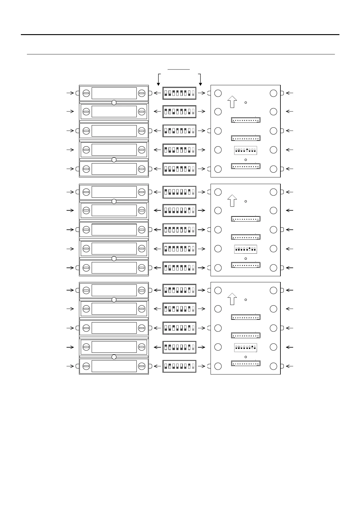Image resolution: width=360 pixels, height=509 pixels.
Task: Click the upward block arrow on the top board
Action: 232,102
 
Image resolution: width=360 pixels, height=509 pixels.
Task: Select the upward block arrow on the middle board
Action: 232,201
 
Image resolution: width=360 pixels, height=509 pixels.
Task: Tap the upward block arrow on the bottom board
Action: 232,299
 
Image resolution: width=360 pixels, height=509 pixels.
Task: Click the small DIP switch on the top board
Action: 246,150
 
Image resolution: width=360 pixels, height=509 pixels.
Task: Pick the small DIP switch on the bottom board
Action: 246,348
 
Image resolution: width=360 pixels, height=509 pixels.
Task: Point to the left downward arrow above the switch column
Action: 158,79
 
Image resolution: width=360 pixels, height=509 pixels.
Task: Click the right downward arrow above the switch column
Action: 200,79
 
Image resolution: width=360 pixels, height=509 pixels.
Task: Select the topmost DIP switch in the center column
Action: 179,93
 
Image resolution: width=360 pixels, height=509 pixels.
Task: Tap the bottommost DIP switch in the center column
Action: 179,366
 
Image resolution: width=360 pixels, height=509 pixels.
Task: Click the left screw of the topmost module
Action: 86,93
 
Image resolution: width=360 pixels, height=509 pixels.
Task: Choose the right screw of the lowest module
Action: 142,366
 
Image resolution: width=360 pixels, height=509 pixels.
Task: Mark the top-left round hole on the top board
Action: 218,93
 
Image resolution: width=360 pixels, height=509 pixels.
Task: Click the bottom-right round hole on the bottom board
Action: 273,366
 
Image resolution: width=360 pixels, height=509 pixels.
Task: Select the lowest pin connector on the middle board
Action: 246,265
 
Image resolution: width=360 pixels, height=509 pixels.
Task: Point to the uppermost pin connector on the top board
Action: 246,120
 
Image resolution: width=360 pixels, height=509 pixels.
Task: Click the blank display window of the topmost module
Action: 114,93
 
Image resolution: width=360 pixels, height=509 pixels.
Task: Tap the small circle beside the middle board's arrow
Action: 246,201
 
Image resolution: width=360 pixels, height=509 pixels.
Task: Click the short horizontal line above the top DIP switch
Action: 179,70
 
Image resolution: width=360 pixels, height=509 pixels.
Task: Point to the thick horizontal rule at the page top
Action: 180,34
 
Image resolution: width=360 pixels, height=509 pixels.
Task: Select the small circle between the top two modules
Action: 114,103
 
